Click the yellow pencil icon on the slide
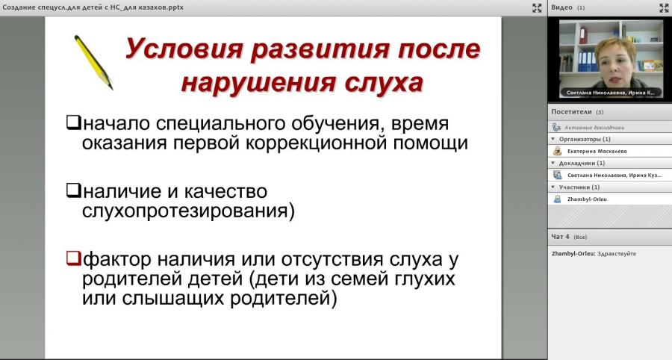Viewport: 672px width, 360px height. pos(93,62)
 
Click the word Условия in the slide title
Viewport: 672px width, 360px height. pos(184,49)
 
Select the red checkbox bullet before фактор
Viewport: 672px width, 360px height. pos(73,258)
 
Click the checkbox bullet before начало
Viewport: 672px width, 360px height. pos(73,122)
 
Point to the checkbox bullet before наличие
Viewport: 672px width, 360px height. pos(73,190)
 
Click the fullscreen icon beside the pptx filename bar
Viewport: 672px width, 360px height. pos(537,7)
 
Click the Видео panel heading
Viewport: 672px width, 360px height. pos(561,7)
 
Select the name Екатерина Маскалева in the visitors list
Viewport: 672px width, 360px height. pos(597,152)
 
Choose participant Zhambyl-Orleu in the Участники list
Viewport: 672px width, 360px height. pos(587,199)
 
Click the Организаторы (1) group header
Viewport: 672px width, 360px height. pos(585,139)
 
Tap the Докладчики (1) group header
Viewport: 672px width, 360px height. pos(582,164)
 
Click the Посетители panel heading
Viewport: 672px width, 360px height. pos(572,112)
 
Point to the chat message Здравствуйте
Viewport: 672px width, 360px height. pos(617,254)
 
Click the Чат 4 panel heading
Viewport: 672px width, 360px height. pos(560,237)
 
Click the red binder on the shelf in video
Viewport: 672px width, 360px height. pos(583,35)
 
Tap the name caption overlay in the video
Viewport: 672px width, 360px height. pos(610,93)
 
